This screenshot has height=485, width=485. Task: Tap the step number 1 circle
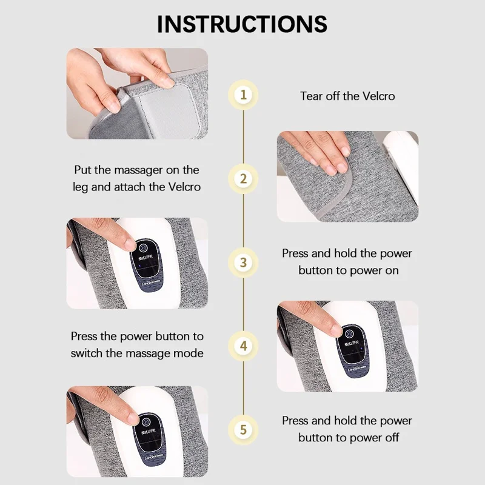click(243, 95)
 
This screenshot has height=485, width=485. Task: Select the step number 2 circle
click(243, 179)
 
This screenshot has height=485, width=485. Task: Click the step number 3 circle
click(243, 263)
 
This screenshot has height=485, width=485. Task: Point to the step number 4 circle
click(243, 346)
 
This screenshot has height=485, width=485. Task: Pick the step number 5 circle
click(243, 430)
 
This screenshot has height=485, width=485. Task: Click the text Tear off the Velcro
click(347, 96)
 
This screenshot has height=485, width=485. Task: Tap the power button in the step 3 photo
click(142, 248)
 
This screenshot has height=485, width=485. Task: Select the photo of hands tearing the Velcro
click(136, 93)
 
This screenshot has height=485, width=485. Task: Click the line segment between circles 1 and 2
click(243, 137)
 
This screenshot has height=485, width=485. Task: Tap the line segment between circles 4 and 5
click(243, 388)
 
